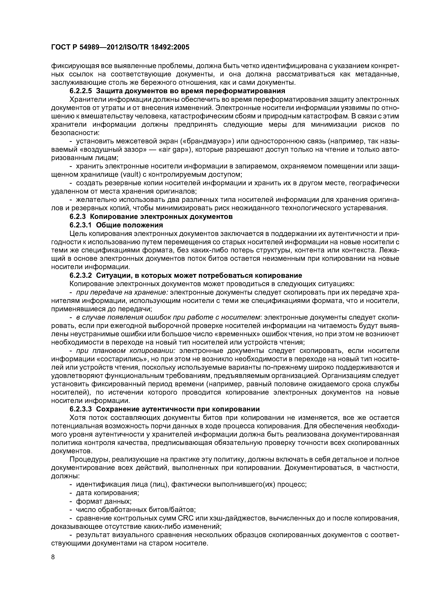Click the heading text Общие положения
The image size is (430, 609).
129,225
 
